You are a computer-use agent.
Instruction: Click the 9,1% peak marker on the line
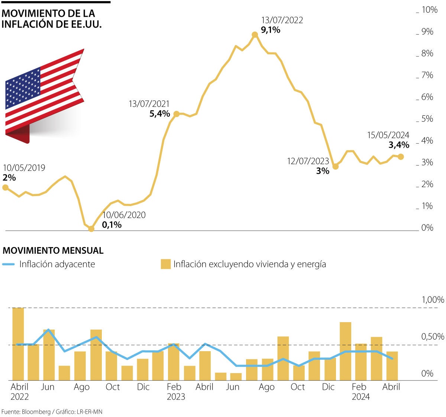click(x=255, y=35)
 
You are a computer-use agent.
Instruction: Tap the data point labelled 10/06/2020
click(x=91, y=229)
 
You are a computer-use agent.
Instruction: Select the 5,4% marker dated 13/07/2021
click(x=177, y=114)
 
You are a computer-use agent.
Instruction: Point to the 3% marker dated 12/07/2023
click(x=335, y=167)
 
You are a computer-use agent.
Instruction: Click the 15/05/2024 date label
click(x=388, y=135)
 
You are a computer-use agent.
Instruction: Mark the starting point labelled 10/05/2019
click(x=5, y=187)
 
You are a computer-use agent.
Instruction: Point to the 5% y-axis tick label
click(x=427, y=119)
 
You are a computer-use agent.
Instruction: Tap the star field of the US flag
click(x=23, y=88)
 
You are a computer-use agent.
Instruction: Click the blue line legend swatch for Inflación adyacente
click(x=9, y=264)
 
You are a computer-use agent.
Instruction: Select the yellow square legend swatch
click(x=165, y=264)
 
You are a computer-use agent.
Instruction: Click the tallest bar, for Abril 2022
click(x=18, y=344)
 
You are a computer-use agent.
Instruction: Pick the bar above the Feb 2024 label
click(x=361, y=362)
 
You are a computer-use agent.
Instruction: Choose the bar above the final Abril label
click(x=392, y=365)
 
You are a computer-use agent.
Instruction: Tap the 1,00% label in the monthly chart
click(x=432, y=300)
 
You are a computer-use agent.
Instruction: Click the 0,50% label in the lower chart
click(x=432, y=337)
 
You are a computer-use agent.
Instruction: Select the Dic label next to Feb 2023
click(x=143, y=387)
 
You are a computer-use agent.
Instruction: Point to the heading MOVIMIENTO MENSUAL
click(x=53, y=250)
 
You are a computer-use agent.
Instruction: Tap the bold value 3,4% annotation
click(x=399, y=145)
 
